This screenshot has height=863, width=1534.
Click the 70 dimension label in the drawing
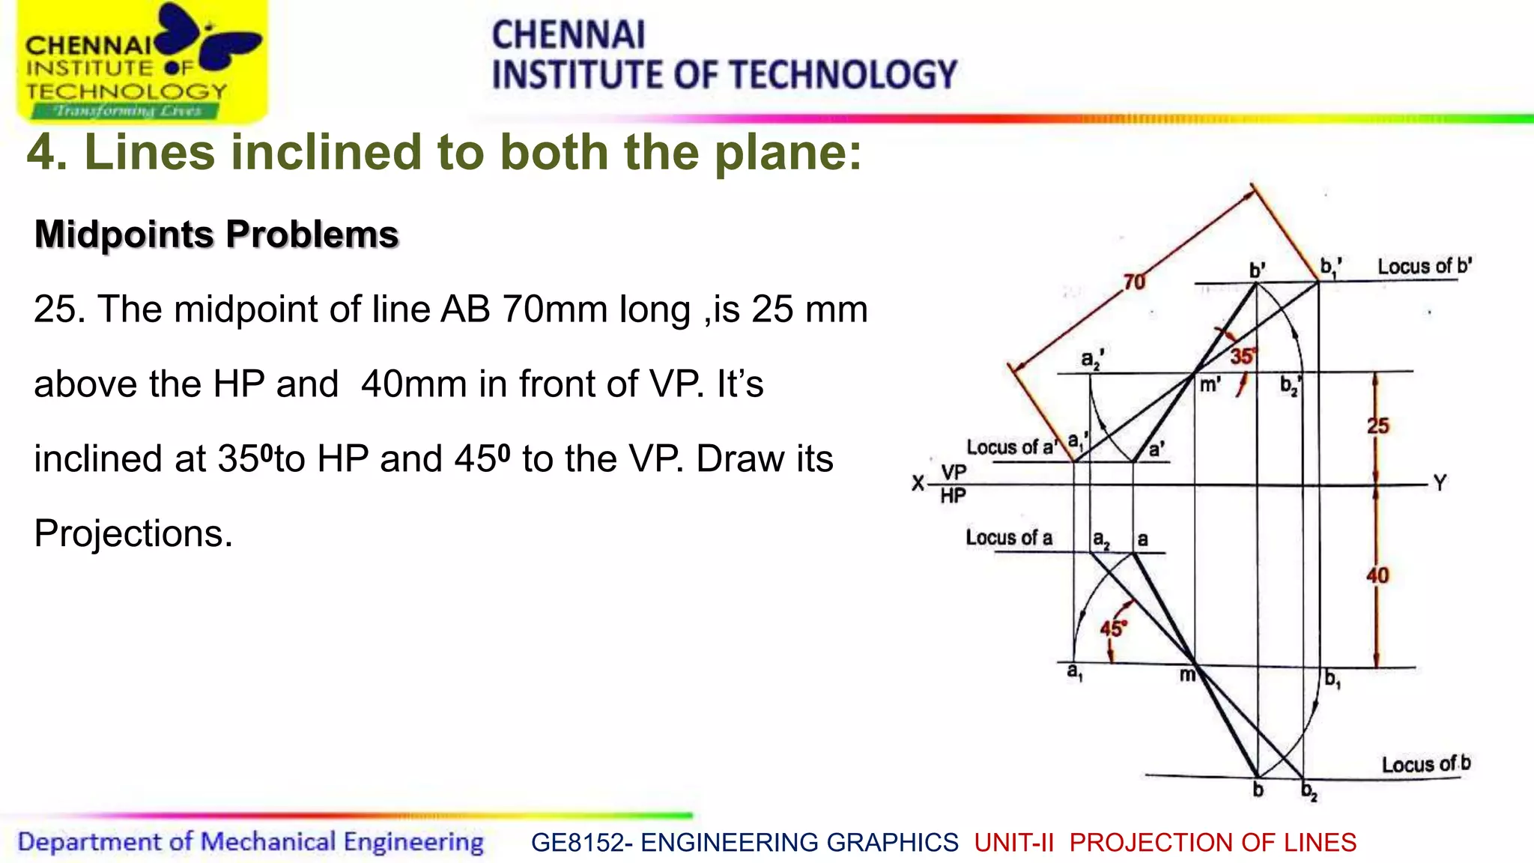pyautogui.click(x=1135, y=282)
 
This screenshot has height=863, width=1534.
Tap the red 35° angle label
pyautogui.click(x=1242, y=357)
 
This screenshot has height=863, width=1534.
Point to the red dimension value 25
pyautogui.click(x=1378, y=426)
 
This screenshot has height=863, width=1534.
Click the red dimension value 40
pyautogui.click(x=1378, y=575)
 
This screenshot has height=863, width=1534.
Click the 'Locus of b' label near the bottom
pyautogui.click(x=1426, y=764)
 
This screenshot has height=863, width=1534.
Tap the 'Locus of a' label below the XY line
pyautogui.click(x=1008, y=538)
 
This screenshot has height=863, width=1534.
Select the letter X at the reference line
pyautogui.click(x=918, y=483)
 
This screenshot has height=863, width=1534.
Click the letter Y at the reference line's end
pyautogui.click(x=1440, y=483)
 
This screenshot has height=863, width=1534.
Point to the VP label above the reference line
pyautogui.click(x=954, y=472)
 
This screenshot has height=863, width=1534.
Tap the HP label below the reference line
pyautogui.click(x=953, y=496)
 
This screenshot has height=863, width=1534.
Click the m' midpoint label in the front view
pyautogui.click(x=1210, y=385)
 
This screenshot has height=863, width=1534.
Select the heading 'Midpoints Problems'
pyautogui.click(x=216, y=234)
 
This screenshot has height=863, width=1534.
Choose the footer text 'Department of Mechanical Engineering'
pyautogui.click(x=251, y=842)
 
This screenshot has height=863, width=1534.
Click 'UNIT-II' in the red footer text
pyautogui.click(x=1014, y=843)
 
